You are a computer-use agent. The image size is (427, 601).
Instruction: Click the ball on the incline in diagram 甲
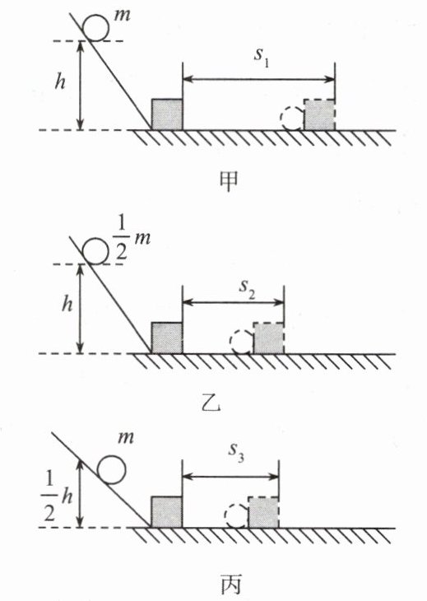(96, 28)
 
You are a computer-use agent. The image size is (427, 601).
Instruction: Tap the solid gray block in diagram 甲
(167, 114)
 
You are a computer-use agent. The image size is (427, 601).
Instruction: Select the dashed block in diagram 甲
(319, 114)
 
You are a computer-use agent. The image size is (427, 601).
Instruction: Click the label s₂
(247, 288)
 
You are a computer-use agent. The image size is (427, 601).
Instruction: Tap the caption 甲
(229, 180)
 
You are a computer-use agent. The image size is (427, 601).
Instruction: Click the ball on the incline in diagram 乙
(95, 251)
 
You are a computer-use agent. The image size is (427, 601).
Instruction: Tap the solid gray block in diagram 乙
(167, 338)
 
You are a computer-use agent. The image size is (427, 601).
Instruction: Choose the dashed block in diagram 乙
(268, 338)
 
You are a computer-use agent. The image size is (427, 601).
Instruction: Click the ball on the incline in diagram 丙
(111, 470)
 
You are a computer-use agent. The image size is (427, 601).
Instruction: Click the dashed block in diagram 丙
(263, 512)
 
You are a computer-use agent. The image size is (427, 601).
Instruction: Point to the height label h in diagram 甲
(60, 82)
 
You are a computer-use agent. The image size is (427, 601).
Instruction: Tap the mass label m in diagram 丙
(127, 437)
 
